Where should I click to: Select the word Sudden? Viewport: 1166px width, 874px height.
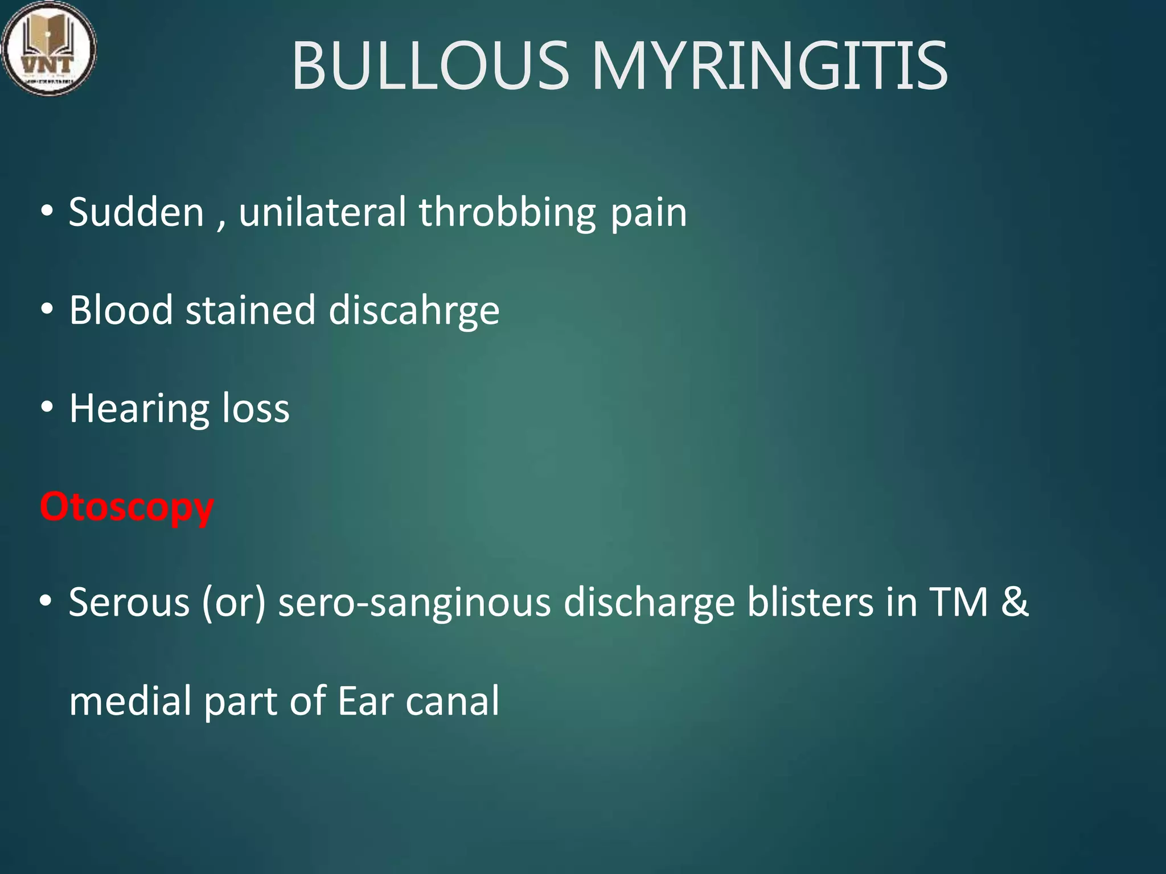tap(136, 212)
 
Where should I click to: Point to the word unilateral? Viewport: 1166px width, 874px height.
tap(322, 212)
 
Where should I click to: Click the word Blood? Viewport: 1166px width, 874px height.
tap(121, 310)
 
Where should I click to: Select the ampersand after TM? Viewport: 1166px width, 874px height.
tap(1015, 602)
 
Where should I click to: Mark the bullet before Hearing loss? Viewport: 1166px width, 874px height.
tap(47, 407)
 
